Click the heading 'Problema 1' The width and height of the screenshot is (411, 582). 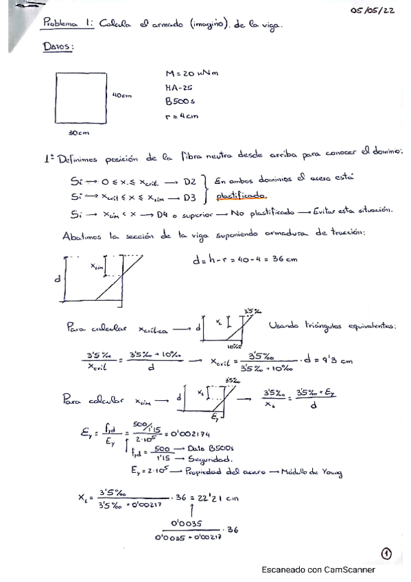68,23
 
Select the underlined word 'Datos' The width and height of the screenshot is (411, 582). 58,46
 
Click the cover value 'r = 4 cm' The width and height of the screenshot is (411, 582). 182,116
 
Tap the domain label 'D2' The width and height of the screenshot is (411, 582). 190,182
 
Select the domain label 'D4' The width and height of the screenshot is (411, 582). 163,214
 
